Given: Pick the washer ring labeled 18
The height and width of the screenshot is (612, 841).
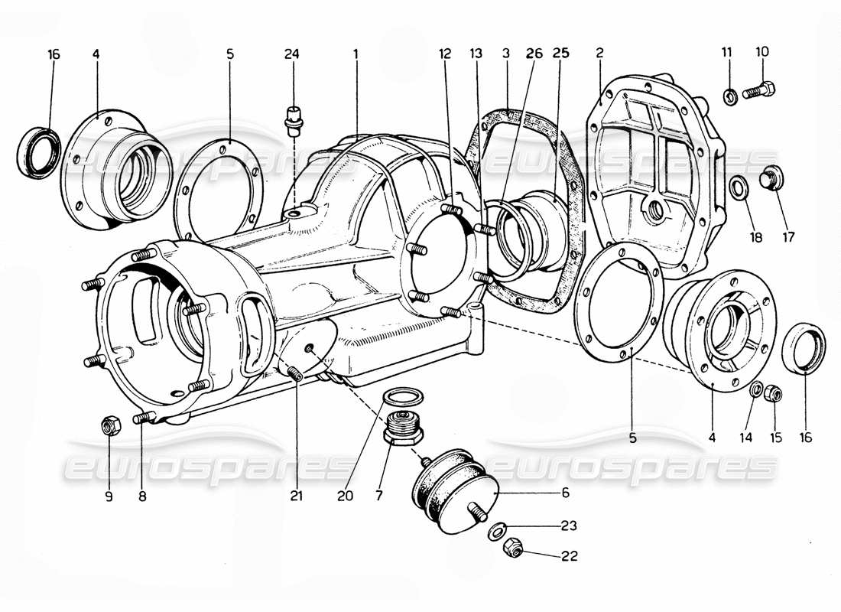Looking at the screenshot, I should pyautogui.click(x=740, y=187).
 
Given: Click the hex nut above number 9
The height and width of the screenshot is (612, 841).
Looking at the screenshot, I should pyautogui.click(x=109, y=426).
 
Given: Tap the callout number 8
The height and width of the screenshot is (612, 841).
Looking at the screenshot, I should pyautogui.click(x=142, y=496).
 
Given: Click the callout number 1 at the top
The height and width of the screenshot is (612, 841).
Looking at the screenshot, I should pyautogui.click(x=356, y=54).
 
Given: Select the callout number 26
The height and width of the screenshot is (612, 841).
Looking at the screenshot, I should pyautogui.click(x=534, y=54).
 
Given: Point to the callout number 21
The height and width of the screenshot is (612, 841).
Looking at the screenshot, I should pyautogui.click(x=296, y=496).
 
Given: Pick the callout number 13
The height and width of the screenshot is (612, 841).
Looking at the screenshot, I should pyautogui.click(x=477, y=54).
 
